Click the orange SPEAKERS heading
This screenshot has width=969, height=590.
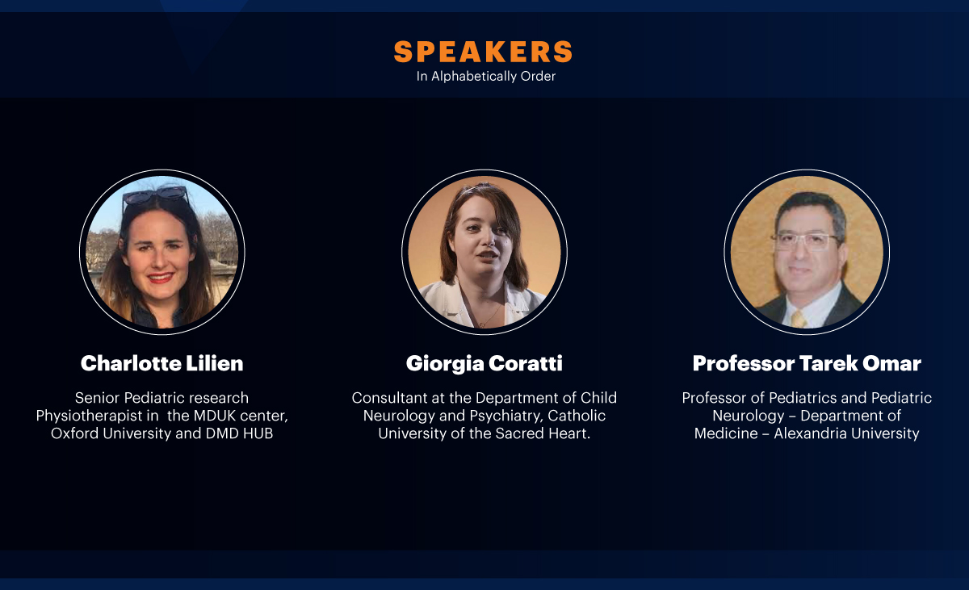483,52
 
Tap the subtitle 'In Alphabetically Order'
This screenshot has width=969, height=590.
486,77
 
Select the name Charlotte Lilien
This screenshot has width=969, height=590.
161,363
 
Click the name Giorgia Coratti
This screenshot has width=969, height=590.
484,364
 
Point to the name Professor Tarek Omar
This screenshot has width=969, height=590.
807,363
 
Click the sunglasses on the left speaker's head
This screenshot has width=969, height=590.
155,195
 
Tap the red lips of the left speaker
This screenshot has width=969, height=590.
160,277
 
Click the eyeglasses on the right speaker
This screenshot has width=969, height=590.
806,241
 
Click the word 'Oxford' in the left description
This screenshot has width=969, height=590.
75,433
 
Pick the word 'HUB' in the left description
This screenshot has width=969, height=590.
258,433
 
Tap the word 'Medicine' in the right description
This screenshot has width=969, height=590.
726,433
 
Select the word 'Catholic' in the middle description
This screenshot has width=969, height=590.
577,416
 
